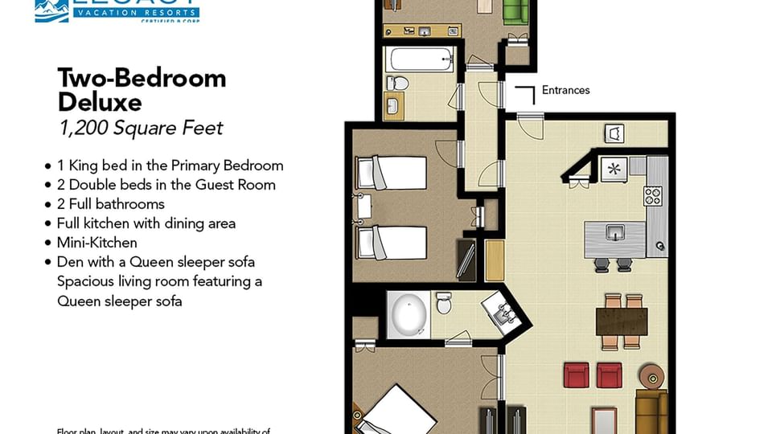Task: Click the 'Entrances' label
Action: coord(565,90)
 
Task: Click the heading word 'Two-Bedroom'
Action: coord(142,78)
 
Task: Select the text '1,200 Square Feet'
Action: coord(140,128)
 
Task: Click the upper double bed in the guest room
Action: coord(392,172)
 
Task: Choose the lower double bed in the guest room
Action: coord(392,242)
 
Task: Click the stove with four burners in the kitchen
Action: coord(652,194)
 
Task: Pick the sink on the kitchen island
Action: coord(615,234)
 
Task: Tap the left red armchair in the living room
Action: coord(576,375)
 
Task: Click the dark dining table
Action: coord(622,321)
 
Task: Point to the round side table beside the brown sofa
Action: coord(650,375)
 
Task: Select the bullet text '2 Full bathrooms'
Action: coord(110,204)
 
